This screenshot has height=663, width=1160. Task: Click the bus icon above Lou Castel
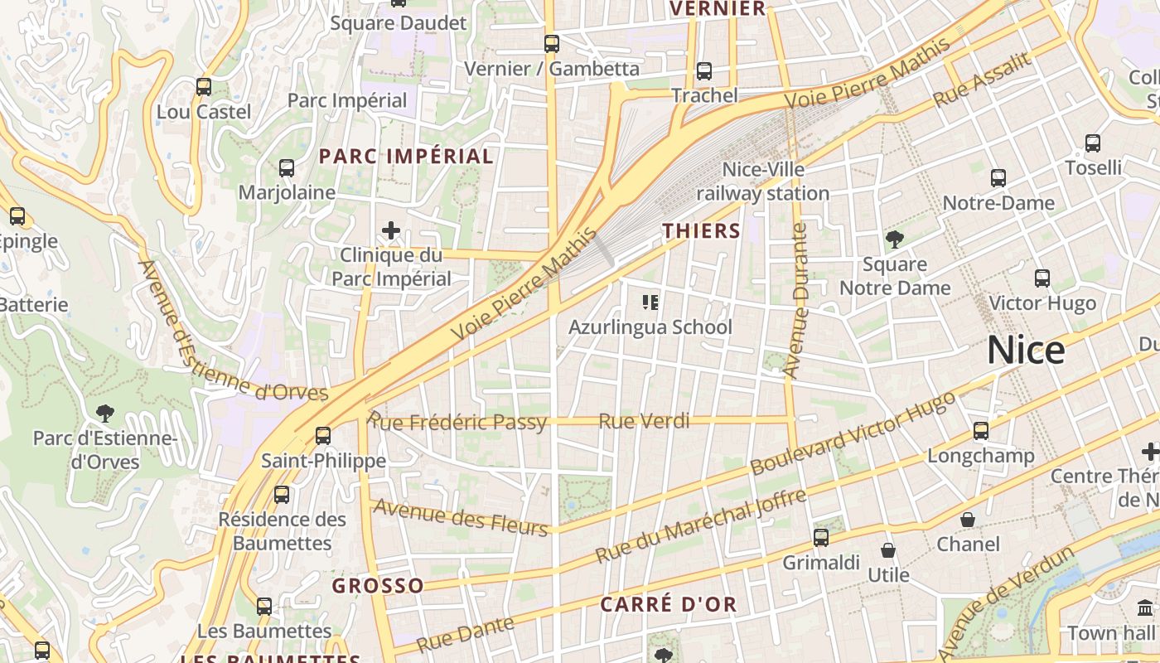point(203,86)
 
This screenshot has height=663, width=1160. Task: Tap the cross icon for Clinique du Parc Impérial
point(391,230)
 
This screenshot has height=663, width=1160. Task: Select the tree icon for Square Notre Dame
point(894,240)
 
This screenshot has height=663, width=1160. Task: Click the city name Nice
point(1025,351)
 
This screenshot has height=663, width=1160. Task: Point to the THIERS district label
point(701,230)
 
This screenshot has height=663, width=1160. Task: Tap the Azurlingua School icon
point(650,302)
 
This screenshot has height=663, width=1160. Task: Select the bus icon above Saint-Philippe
point(323,435)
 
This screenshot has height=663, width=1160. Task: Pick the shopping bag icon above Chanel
point(967,520)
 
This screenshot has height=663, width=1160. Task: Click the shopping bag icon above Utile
point(888,550)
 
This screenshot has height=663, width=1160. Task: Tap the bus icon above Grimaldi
point(821,538)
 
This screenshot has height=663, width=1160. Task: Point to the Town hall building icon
point(1145,608)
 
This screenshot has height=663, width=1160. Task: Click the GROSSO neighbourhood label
point(378,586)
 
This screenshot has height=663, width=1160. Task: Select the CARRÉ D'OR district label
point(668,604)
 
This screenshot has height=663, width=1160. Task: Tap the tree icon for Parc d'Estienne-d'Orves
point(104,413)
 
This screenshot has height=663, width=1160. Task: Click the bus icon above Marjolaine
point(287,168)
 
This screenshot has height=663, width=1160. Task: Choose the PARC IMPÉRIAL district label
point(406,156)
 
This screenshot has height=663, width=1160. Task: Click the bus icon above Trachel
point(704,71)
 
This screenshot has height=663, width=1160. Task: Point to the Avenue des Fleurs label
point(461,517)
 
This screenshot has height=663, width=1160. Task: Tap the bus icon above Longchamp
point(981,430)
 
